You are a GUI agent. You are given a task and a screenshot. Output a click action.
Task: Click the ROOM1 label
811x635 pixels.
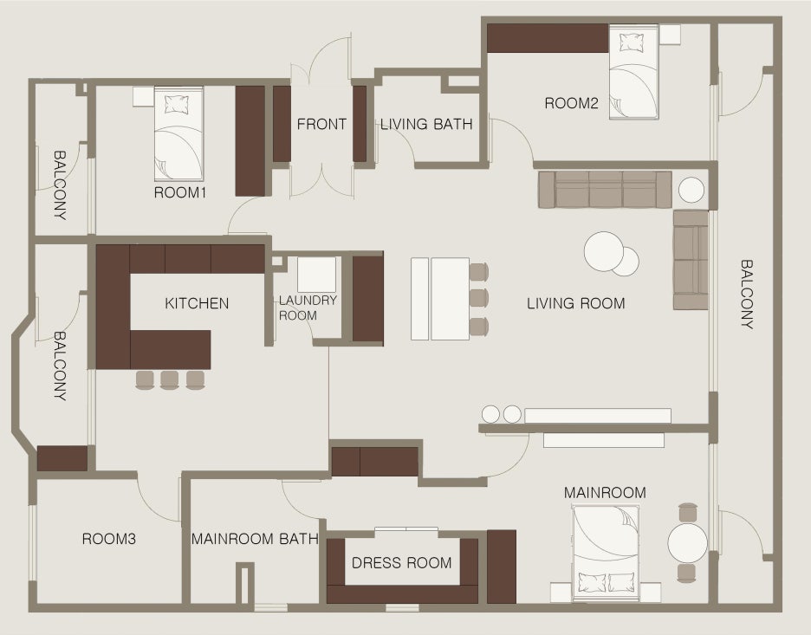coord(180,192)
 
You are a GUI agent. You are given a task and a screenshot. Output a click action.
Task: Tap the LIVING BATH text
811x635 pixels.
coord(426,124)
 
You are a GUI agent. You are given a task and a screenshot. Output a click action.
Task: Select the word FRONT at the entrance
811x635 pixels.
coord(321,124)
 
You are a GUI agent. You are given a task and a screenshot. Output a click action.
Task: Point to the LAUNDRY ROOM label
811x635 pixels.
coord(308,308)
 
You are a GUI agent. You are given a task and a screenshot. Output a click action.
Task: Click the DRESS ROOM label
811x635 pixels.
coord(401,562)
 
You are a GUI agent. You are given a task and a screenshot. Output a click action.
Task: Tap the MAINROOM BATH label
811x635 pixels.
coord(255,539)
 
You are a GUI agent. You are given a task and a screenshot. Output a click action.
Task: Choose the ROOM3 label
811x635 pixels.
coord(108,539)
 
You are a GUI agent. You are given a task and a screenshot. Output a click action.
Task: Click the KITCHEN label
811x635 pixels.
coord(197,303)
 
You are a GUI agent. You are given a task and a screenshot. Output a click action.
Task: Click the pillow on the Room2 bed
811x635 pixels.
coord(631,42)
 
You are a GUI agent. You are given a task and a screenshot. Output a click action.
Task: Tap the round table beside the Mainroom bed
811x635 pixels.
coord(687,543)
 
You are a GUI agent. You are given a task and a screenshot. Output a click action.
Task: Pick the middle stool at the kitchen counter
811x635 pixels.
coord(169,380)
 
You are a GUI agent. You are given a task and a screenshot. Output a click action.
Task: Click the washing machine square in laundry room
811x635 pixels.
coord(316,275)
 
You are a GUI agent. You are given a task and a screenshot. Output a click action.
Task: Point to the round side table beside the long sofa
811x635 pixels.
coord(691,190)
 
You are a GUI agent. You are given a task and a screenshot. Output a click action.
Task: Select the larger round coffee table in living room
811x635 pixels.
coord(603,251)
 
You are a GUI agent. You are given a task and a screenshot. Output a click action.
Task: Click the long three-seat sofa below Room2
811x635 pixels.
coord(605,190)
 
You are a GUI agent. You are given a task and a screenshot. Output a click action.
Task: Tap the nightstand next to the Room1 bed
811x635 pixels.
coord(143,97)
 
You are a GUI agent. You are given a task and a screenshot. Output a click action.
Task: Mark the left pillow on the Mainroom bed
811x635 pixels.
coord(592,583)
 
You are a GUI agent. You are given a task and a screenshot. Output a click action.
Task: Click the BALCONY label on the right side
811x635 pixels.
coord(746,295)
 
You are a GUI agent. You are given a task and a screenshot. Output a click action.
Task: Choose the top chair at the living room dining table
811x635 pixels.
coord(479,271)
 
